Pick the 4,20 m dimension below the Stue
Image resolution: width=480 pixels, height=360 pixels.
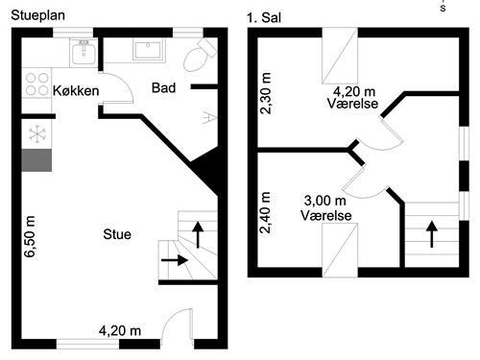pyautogui.click(x=120, y=331)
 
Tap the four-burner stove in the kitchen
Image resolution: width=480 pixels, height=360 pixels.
pyautogui.click(x=37, y=84)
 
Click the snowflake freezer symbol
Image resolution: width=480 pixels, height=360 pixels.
pyautogui.click(x=38, y=132)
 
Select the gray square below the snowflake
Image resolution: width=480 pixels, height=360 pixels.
pyautogui.click(x=38, y=159)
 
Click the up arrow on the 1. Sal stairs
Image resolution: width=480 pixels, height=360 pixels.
pyautogui.click(x=430, y=230)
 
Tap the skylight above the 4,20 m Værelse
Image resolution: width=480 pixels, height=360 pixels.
pyautogui.click(x=339, y=57)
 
